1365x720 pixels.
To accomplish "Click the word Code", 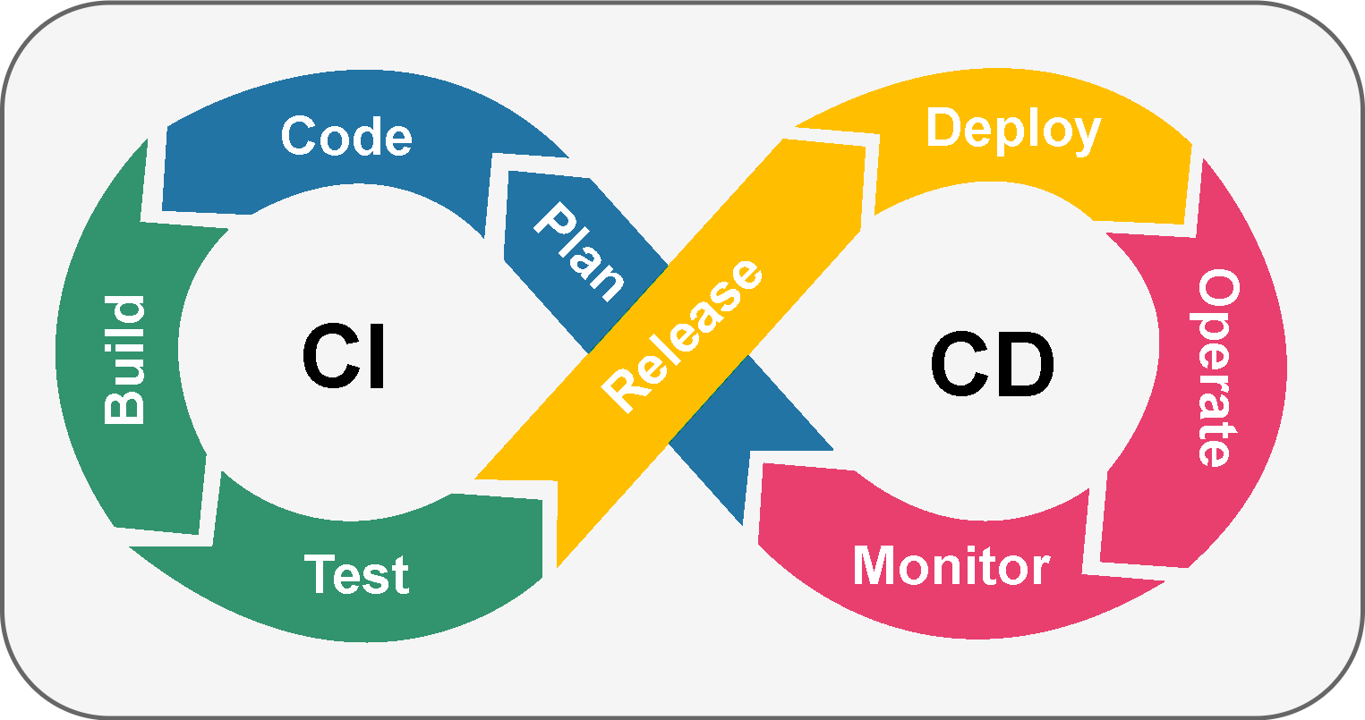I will point(346,137).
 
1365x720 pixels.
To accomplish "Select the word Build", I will point(124,360).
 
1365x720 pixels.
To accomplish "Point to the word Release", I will point(682,335).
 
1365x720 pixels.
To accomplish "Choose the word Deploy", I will point(1012,131).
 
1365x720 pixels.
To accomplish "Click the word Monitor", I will point(951,565).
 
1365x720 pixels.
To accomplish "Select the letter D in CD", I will point(1026,365).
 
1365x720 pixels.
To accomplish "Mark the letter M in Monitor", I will point(876,565).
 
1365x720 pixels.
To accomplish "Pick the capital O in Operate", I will point(1217,291).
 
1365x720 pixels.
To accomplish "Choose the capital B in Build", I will point(124,405).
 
